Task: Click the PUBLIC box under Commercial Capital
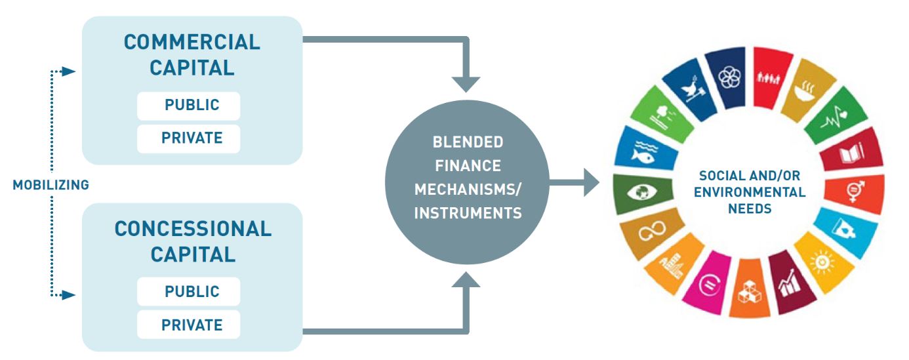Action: click(188, 106)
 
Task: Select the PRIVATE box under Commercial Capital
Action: click(188, 138)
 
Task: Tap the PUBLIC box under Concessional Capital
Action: click(188, 291)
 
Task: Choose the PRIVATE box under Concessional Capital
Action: click(188, 325)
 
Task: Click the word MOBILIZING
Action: click(51, 186)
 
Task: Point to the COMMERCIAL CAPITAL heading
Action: click(192, 54)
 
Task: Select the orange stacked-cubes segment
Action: click(748, 291)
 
